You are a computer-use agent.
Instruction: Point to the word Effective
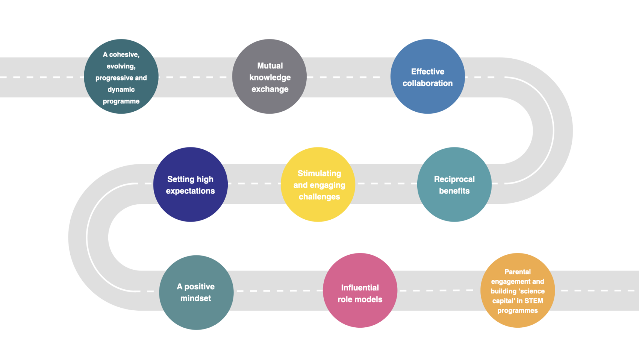427,71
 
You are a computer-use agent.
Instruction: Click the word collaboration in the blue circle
427,83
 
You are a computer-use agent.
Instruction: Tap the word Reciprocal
454,179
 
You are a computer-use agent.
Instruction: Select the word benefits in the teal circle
454,191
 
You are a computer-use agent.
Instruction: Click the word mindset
195,298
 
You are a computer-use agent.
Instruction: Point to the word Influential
360,288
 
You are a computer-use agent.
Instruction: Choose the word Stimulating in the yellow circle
319,173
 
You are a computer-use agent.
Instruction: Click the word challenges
319,197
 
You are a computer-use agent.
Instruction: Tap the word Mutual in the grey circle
270,66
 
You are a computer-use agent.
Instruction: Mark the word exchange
270,89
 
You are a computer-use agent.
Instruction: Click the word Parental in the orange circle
517,272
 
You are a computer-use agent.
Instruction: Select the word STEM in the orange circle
533,301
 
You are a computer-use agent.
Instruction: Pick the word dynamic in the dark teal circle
121,90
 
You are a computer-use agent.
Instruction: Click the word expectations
190,191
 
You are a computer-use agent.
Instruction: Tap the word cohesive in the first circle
124,55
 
